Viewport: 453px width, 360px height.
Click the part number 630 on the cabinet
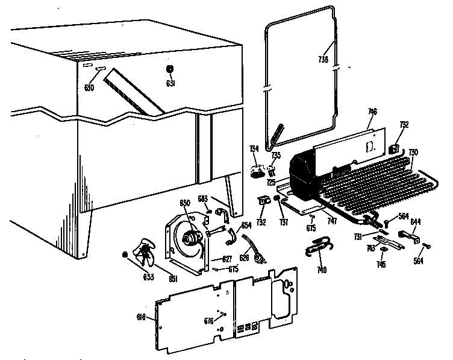point(89,87)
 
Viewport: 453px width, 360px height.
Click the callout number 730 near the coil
point(413,152)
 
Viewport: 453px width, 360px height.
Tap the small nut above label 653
point(125,254)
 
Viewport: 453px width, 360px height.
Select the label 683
point(204,198)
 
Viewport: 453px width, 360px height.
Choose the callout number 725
point(272,182)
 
